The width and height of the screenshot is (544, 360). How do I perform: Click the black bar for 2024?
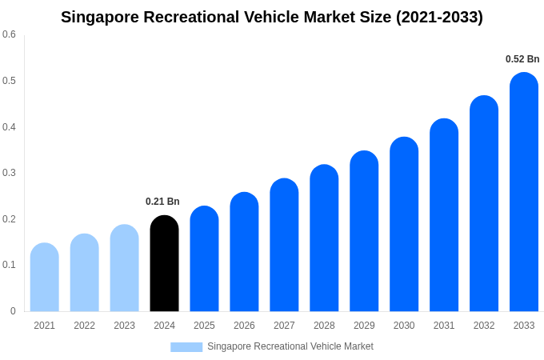pyautogui.click(x=164, y=263)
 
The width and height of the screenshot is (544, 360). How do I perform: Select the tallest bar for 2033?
pyautogui.click(x=524, y=192)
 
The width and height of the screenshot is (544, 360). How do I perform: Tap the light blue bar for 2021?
pyautogui.click(x=45, y=277)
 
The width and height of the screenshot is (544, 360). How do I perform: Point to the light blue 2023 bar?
pyautogui.click(x=124, y=268)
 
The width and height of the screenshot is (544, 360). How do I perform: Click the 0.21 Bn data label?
pyautogui.click(x=162, y=202)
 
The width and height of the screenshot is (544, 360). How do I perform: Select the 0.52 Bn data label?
pyautogui.click(x=522, y=59)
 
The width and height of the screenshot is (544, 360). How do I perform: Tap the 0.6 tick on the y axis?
pyautogui.click(x=9, y=34)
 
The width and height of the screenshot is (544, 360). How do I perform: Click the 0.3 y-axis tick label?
pyautogui.click(x=9, y=173)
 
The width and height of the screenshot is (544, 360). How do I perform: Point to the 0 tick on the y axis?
pyautogui.click(x=13, y=311)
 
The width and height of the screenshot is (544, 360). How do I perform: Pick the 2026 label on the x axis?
pyautogui.click(x=244, y=326)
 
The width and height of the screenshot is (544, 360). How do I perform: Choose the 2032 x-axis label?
pyautogui.click(x=484, y=326)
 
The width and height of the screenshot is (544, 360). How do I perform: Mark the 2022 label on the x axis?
pyautogui.click(x=84, y=326)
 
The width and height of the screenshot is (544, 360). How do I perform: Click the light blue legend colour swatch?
pyautogui.click(x=186, y=346)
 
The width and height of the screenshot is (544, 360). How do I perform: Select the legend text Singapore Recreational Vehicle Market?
pyautogui.click(x=290, y=346)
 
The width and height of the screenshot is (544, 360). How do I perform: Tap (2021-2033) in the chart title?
pyautogui.click(x=439, y=17)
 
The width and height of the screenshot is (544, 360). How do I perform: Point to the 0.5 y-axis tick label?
pyautogui.click(x=9, y=81)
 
